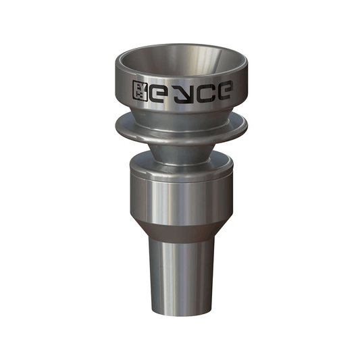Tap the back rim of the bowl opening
coord(180,47)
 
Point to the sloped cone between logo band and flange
coord(180,112)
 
